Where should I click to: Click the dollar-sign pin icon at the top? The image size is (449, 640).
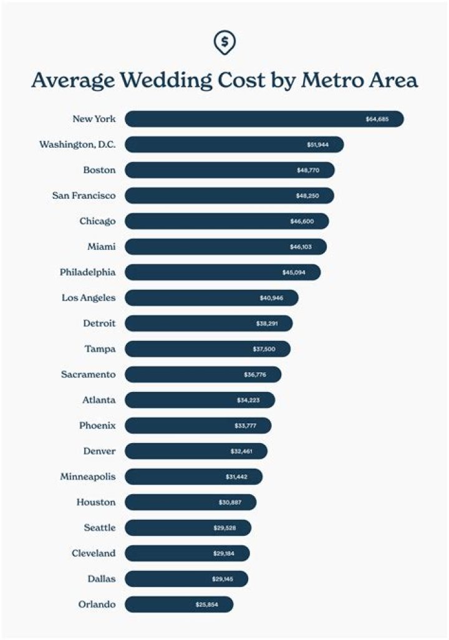(x=224, y=42)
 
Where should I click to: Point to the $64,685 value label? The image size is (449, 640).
(x=377, y=119)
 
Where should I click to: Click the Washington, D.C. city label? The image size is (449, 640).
(x=77, y=145)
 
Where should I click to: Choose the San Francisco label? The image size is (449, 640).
(x=84, y=196)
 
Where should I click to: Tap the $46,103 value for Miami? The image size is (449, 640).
(x=301, y=247)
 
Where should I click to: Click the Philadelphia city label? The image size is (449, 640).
(x=87, y=272)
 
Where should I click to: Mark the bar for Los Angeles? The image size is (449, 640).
(x=211, y=298)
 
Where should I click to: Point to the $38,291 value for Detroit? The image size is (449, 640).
(x=267, y=323)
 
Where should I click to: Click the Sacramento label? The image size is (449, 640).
(x=88, y=375)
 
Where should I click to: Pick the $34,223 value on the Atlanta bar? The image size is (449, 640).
(x=248, y=400)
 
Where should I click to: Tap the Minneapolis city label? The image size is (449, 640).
(x=87, y=477)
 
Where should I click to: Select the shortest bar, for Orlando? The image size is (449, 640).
(x=178, y=604)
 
